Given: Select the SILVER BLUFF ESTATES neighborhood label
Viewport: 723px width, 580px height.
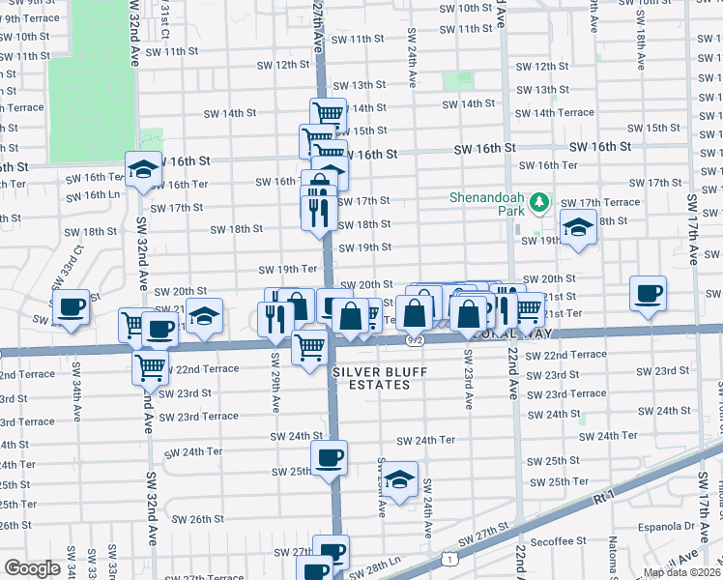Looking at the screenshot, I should [x=386, y=378].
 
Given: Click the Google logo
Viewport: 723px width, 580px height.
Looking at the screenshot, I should [x=32, y=568].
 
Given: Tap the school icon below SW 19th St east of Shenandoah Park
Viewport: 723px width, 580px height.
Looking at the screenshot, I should [x=577, y=228].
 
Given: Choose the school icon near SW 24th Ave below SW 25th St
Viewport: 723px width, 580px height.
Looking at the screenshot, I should [x=398, y=479].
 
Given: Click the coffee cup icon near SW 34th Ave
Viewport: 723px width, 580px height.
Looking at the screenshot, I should [x=71, y=308].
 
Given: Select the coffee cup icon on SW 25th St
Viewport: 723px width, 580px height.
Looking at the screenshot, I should [x=329, y=456].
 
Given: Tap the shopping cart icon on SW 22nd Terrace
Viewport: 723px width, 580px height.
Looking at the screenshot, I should [x=150, y=366].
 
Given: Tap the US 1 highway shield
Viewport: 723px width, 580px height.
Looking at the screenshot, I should [x=449, y=559].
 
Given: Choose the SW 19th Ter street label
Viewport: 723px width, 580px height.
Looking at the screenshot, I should [x=287, y=269].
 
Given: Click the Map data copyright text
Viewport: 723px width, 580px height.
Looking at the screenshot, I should [x=682, y=572].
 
